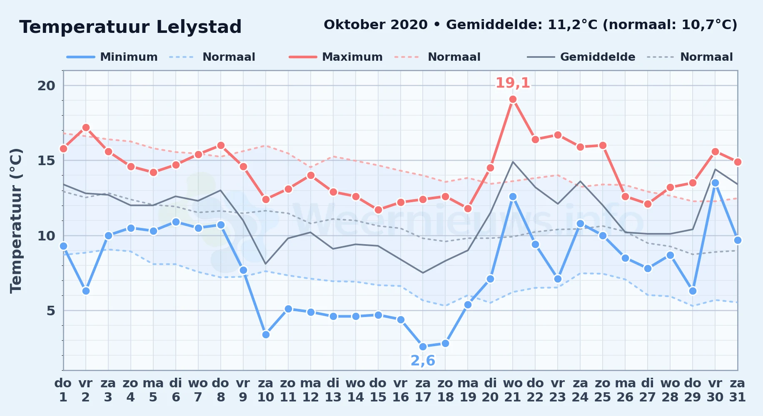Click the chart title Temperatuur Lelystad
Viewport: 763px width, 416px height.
pyautogui.click(x=130, y=27)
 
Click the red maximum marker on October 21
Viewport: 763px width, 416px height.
pyautogui.click(x=513, y=99)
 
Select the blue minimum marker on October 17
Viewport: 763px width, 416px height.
pyautogui.click(x=423, y=347)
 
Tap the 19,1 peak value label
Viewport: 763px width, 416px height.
pyautogui.click(x=513, y=83)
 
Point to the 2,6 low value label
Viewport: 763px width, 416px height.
pyautogui.click(x=423, y=361)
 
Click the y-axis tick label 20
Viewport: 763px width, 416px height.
pyautogui.click(x=46, y=86)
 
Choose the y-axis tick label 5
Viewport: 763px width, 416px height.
pyautogui.click(x=51, y=311)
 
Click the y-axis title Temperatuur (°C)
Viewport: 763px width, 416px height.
pyautogui.click(x=16, y=220)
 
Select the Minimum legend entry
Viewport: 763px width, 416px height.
pyautogui.click(x=112, y=57)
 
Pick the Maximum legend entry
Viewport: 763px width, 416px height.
pyautogui.click(x=336, y=57)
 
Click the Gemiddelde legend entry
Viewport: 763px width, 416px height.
pyautogui.click(x=581, y=57)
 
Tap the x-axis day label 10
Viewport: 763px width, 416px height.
pyautogui.click(x=265, y=397)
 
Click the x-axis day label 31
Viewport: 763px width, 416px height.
pyautogui.click(x=737, y=397)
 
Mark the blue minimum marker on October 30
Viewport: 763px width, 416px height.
pyautogui.click(x=715, y=183)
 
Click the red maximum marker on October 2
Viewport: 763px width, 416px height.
pyautogui.click(x=86, y=127)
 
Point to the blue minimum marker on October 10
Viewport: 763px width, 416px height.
pyautogui.click(x=266, y=334)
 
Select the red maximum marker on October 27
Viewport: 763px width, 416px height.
pyautogui.click(x=648, y=204)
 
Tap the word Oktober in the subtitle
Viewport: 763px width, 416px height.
pyautogui.click(x=352, y=25)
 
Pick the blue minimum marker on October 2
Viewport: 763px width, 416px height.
pyautogui.click(x=86, y=291)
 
